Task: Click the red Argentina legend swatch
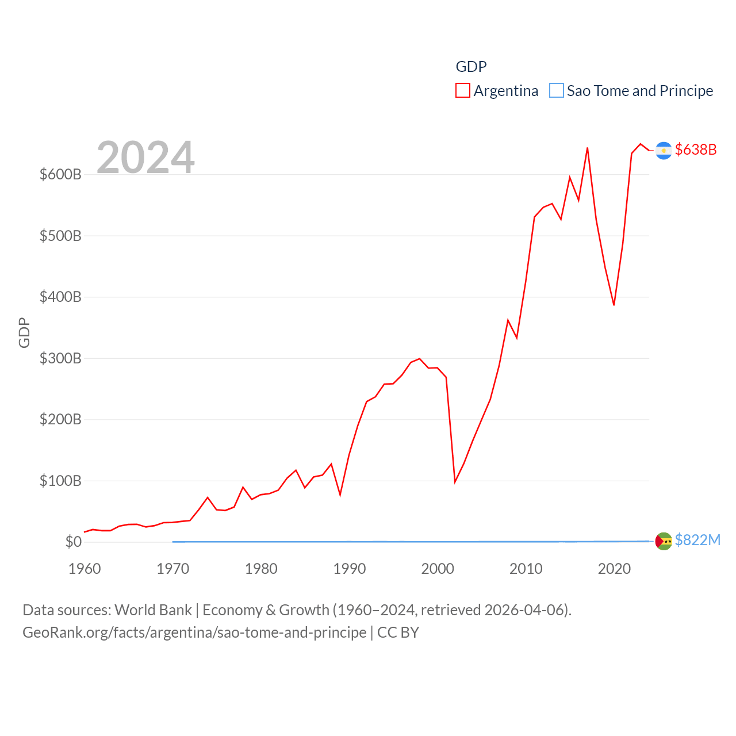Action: click(x=463, y=91)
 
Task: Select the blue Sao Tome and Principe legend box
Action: click(x=557, y=91)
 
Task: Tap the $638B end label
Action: click(x=696, y=149)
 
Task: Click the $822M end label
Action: click(x=697, y=540)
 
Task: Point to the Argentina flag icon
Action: click(x=664, y=151)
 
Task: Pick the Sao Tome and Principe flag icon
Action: click(x=664, y=541)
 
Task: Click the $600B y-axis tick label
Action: click(x=60, y=174)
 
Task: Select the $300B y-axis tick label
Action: click(x=60, y=358)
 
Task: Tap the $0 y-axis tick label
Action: click(x=74, y=542)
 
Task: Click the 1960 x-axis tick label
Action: click(x=85, y=569)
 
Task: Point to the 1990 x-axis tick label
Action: click(x=350, y=569)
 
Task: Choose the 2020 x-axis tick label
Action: click(x=614, y=569)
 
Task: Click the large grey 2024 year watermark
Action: click(x=145, y=158)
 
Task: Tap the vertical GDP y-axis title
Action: click(x=24, y=332)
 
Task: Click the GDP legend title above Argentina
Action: click(x=471, y=67)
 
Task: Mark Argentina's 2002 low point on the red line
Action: click(x=455, y=481)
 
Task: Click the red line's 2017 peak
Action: click(x=587, y=148)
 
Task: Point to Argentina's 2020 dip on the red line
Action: click(x=614, y=305)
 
